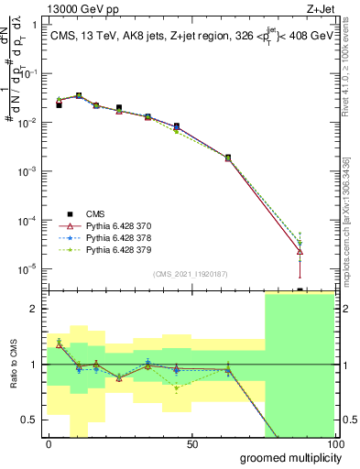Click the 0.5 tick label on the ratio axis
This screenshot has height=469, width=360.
[30, 420]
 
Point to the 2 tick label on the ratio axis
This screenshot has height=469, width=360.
[35, 309]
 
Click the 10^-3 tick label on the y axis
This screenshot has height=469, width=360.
[27, 171]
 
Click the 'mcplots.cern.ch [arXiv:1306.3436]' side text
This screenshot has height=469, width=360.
[344, 211]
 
